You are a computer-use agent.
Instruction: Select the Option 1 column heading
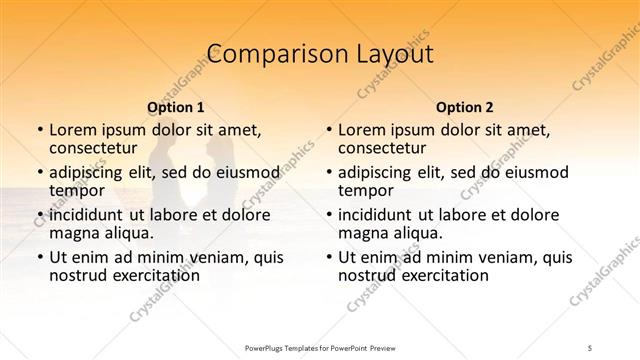point(176,107)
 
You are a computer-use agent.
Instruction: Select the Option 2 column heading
point(465,107)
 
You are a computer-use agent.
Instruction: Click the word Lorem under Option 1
point(73,130)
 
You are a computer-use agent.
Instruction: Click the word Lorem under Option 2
point(362,130)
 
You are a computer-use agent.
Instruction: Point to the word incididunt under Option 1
point(93,215)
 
